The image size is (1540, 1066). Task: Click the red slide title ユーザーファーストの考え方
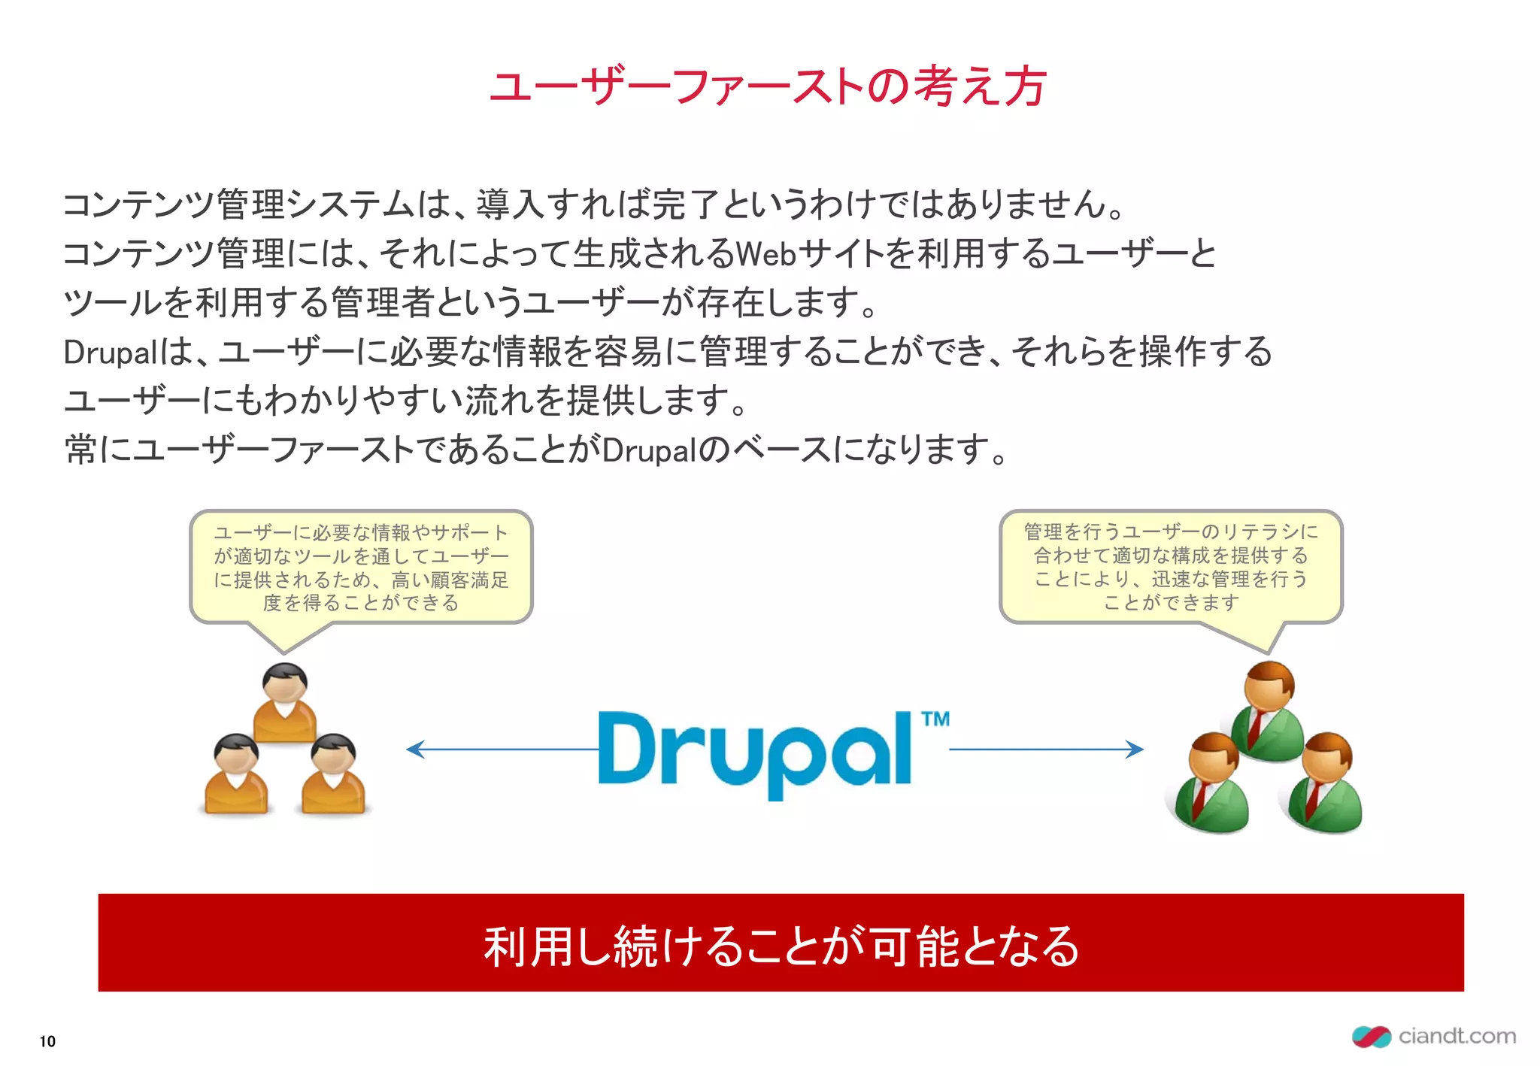coord(768,86)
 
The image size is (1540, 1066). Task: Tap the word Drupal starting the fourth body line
coord(111,353)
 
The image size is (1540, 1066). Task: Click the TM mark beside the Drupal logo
coord(935,719)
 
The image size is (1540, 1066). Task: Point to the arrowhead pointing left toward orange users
coord(414,749)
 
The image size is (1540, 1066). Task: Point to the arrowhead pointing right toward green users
coord(1135,749)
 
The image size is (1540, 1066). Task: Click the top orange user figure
coord(284,703)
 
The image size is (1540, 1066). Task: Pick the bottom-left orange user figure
coord(236,774)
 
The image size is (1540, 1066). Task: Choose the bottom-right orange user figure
coord(333,774)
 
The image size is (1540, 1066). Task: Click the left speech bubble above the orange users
coord(361,568)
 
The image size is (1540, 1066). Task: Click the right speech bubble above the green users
coord(1171,567)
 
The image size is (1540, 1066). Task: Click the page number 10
coord(47,1041)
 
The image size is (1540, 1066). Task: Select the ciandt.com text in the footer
coord(1457,1036)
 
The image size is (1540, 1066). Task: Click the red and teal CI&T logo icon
coord(1371,1037)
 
